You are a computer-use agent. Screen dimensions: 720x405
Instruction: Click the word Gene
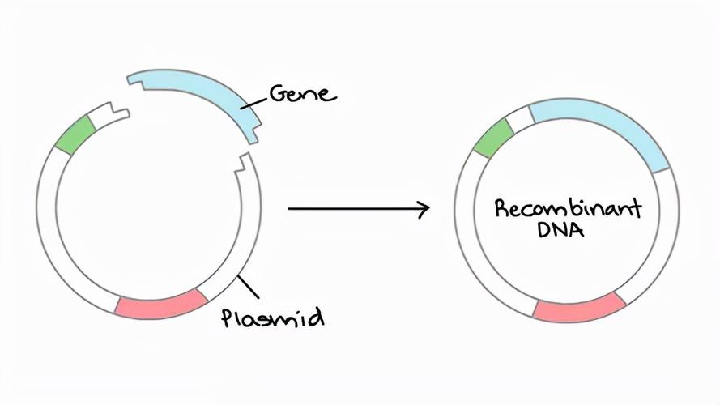(x=302, y=93)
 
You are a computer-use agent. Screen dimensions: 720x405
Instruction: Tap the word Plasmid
(x=273, y=318)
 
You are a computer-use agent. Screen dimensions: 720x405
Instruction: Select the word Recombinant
(x=568, y=209)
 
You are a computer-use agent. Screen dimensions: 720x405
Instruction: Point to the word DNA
(x=560, y=229)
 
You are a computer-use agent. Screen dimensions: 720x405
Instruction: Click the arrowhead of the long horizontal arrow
(x=424, y=208)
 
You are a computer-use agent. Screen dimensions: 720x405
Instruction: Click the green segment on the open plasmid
(x=75, y=134)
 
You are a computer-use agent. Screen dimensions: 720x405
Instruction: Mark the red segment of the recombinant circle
(x=580, y=307)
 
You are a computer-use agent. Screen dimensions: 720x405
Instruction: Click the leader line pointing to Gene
(x=254, y=104)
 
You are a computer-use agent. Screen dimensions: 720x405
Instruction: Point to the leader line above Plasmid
(x=248, y=287)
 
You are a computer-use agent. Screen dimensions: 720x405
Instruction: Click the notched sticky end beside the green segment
(x=114, y=113)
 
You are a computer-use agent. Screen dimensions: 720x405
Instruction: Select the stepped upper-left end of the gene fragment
(x=137, y=81)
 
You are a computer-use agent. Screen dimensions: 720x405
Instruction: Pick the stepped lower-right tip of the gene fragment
(x=255, y=132)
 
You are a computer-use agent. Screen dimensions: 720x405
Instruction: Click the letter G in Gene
(x=277, y=93)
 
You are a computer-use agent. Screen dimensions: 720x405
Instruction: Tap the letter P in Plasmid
(x=228, y=318)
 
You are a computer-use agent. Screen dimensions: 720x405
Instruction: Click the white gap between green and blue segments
(x=521, y=118)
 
